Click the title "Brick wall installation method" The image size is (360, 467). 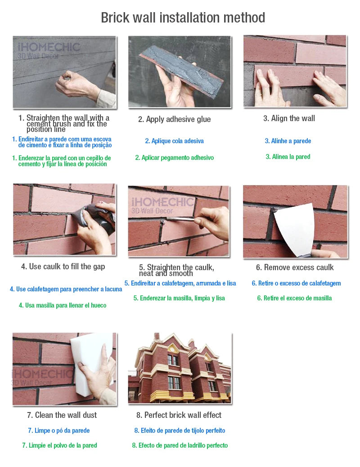pyautogui.click(x=183, y=18)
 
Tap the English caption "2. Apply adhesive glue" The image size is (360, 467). pyautogui.click(x=174, y=119)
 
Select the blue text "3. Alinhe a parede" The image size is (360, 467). pyautogui.click(x=288, y=141)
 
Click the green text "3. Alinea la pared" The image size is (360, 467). pyautogui.click(x=288, y=157)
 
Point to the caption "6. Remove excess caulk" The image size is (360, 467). pyautogui.click(x=295, y=268)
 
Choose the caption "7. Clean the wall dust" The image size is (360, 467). pyautogui.click(x=62, y=415)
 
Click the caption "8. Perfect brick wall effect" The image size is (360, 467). pyautogui.click(x=179, y=415)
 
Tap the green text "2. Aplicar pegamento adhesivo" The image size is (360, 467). pyautogui.click(x=174, y=158)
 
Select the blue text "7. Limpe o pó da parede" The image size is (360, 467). pyautogui.click(x=58, y=431)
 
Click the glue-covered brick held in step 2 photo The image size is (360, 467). pyautogui.click(x=183, y=71)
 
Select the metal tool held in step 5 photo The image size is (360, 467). pyautogui.click(x=180, y=219)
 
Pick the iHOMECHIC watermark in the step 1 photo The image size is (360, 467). pyautogui.click(x=49, y=50)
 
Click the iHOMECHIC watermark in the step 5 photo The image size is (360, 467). pyautogui.click(x=162, y=205)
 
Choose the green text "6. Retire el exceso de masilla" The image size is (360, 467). pyautogui.click(x=294, y=298)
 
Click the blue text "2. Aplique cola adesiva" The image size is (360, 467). pyautogui.click(x=174, y=141)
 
